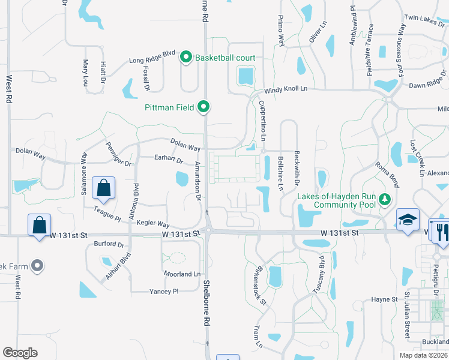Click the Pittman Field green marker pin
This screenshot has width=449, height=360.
(204, 107)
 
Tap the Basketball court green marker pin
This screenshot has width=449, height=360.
(186, 58)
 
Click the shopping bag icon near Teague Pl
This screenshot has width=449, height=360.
(104, 187)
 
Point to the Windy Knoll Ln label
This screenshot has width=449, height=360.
(286, 89)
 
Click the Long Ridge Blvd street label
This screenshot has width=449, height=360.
(152, 61)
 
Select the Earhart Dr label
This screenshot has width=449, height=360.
(168, 159)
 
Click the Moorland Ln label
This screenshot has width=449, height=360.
(182, 274)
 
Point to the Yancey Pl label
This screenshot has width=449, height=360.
(164, 292)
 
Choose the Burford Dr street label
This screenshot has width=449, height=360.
(109, 245)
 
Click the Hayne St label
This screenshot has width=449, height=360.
(384, 299)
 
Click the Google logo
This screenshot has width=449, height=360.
(20, 353)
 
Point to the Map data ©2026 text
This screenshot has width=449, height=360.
(423, 355)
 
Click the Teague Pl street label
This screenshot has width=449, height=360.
(107, 212)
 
